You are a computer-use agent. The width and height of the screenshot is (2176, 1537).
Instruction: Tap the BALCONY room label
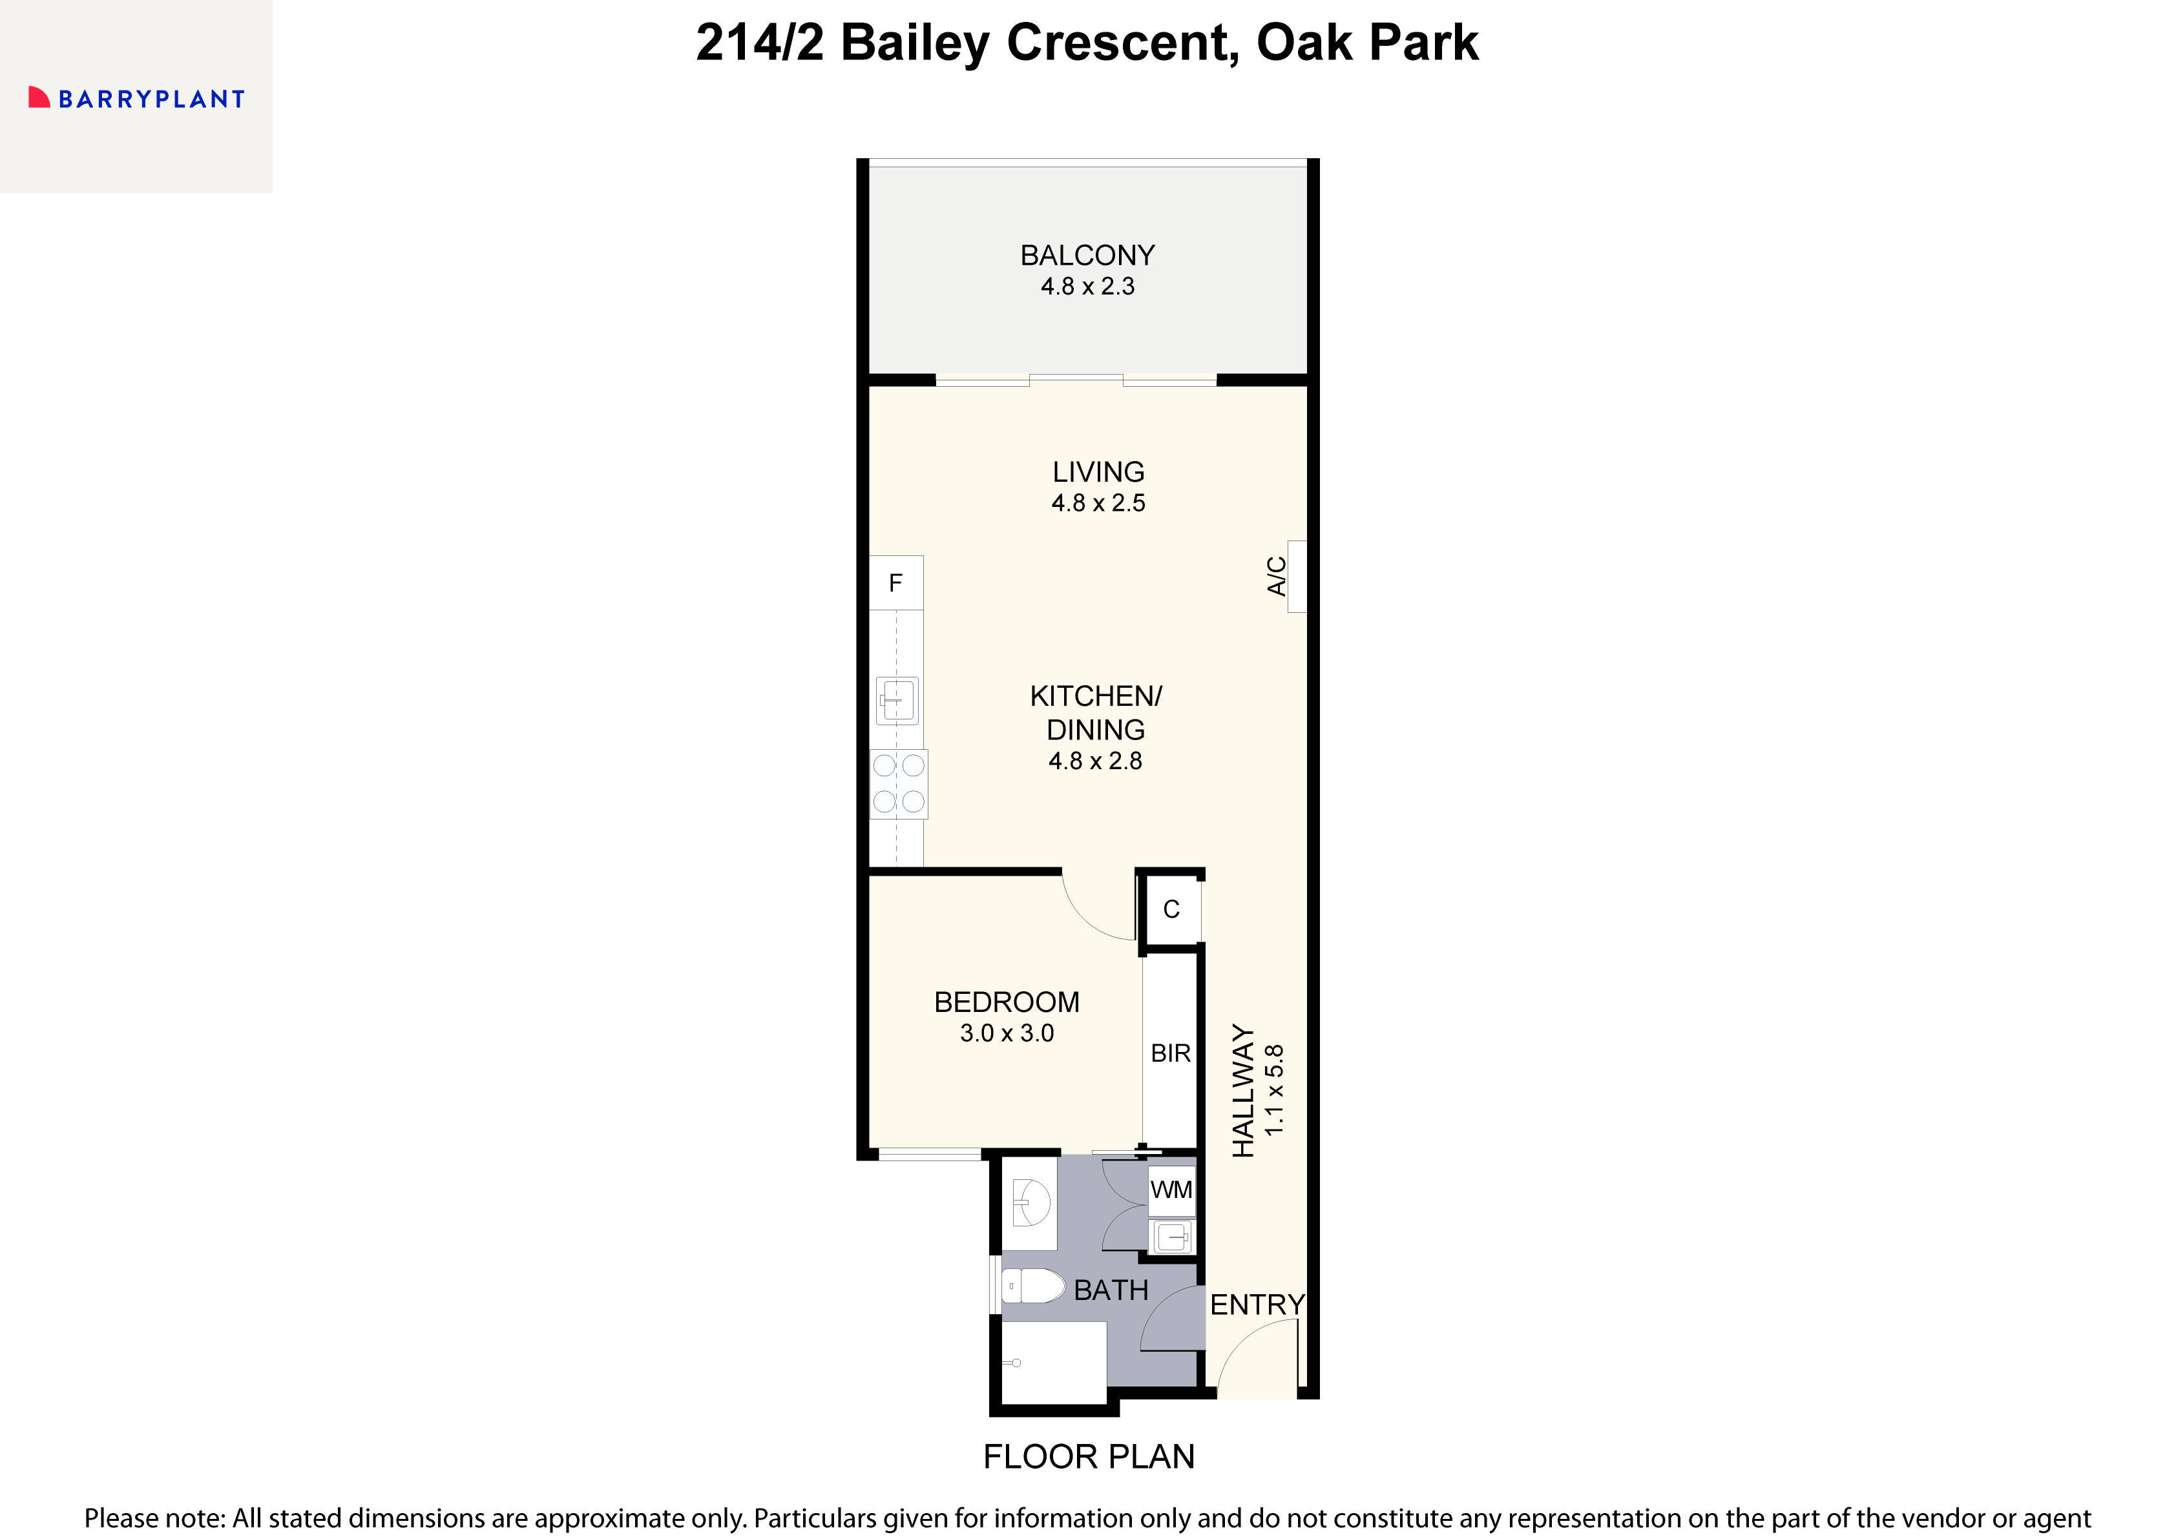coord(1087,255)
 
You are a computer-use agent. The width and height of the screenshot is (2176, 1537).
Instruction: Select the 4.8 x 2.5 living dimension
coord(1098,503)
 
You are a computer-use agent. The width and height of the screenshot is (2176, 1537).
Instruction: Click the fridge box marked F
coord(895,583)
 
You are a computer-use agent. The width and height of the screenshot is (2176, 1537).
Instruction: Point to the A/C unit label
coord(1277,576)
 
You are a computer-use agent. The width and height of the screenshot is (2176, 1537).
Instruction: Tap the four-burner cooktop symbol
coord(899,783)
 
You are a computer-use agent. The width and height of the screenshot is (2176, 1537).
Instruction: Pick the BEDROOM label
coord(1007,1002)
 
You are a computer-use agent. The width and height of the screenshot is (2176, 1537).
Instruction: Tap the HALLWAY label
coord(1242,1091)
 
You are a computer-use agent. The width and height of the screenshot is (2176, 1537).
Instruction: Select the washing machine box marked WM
coord(1171,1190)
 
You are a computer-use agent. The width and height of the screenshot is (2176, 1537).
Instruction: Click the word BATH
coord(1111,1290)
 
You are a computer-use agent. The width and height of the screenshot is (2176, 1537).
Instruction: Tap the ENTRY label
coord(1257,1305)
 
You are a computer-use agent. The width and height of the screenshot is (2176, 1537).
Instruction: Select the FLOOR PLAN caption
coord(1088,1456)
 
